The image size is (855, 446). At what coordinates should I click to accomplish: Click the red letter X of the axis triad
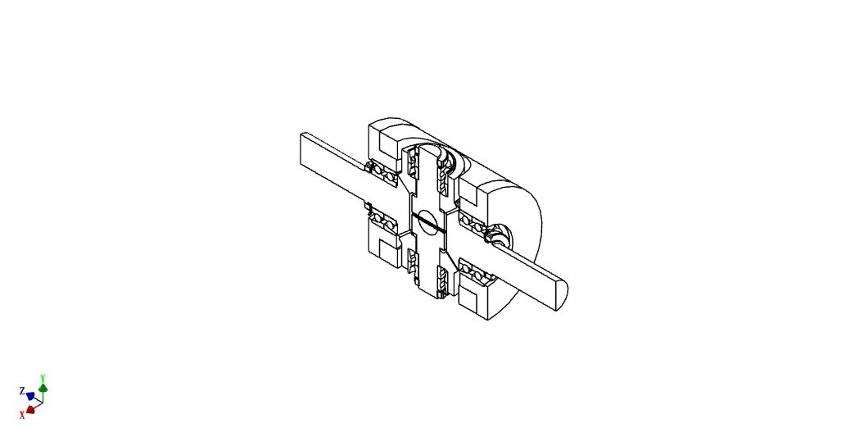click(x=22, y=416)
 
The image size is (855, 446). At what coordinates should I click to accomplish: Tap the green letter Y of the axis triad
click(x=43, y=378)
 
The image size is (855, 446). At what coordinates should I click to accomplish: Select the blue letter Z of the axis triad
click(x=22, y=391)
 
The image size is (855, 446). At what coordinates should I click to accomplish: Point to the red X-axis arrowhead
click(x=30, y=409)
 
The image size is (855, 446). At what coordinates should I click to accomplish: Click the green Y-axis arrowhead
click(x=43, y=388)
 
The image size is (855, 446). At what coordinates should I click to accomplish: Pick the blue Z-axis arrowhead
click(x=30, y=395)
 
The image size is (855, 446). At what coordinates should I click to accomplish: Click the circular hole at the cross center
click(x=429, y=221)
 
